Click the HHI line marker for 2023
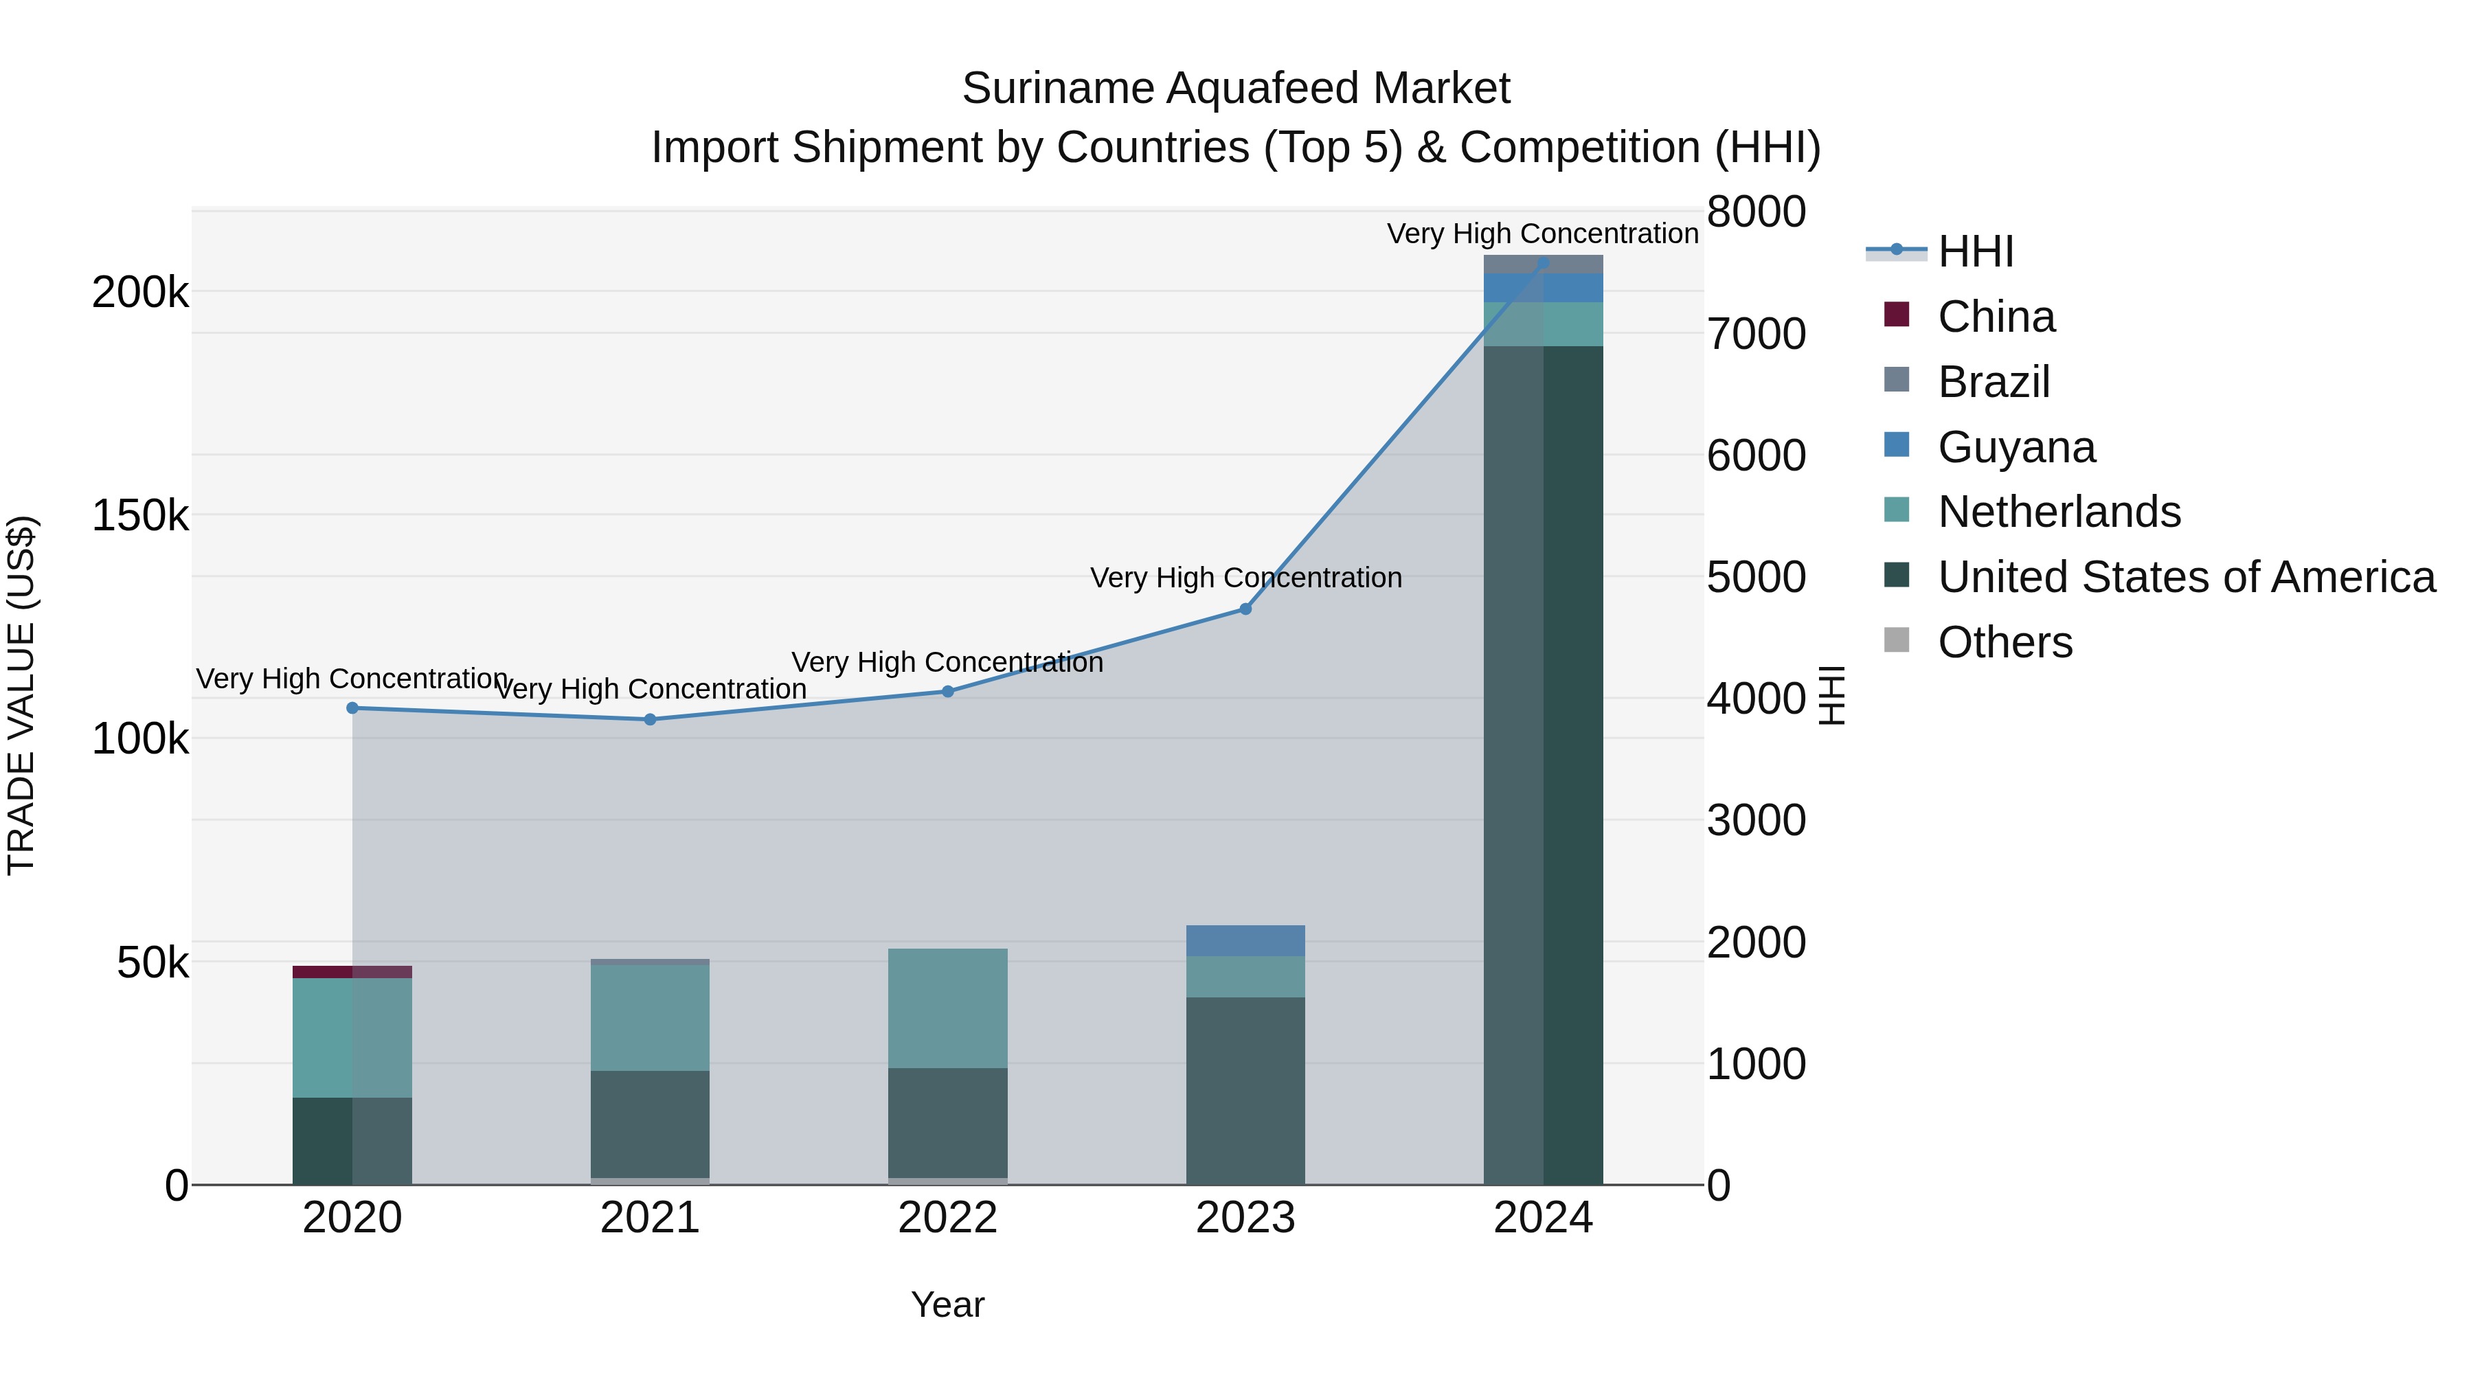click(x=1245, y=609)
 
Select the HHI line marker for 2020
click(x=352, y=708)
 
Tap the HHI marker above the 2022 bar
click(x=947, y=691)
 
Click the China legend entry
click(x=1995, y=317)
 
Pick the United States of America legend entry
click(x=2185, y=577)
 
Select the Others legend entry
click(x=2004, y=642)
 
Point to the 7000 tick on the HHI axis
click(x=1756, y=334)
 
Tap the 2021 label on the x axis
click(x=650, y=1218)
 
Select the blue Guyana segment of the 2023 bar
click(x=1245, y=941)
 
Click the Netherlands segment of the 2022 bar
click(x=947, y=1008)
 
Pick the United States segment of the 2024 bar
click(x=1543, y=768)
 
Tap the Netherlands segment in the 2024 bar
click(x=1543, y=324)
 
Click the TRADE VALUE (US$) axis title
click(x=21, y=695)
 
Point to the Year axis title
click(x=947, y=1304)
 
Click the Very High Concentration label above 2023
click(x=1245, y=578)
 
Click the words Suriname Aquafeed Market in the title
click(x=1236, y=89)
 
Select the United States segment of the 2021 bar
click(x=650, y=1123)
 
